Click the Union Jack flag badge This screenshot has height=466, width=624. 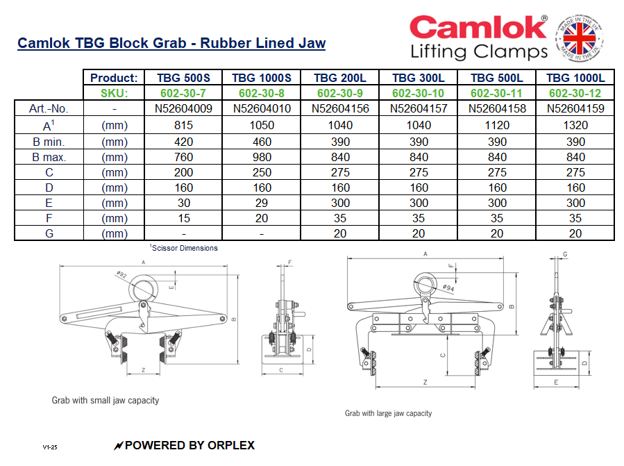coord(583,39)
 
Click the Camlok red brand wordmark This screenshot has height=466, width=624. coord(478,28)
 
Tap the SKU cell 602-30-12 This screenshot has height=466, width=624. coord(575,93)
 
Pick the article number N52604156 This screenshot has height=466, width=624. coord(340,108)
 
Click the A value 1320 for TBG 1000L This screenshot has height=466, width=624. coord(575,125)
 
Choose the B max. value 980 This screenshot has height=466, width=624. coord(262,156)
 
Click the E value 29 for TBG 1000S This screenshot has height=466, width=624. coord(262,203)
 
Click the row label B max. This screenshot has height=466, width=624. coord(49,156)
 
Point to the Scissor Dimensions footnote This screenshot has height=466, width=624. coord(183,248)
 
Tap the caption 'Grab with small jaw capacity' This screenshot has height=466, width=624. coord(106,400)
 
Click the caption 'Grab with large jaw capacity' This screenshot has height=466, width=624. coord(388,413)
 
